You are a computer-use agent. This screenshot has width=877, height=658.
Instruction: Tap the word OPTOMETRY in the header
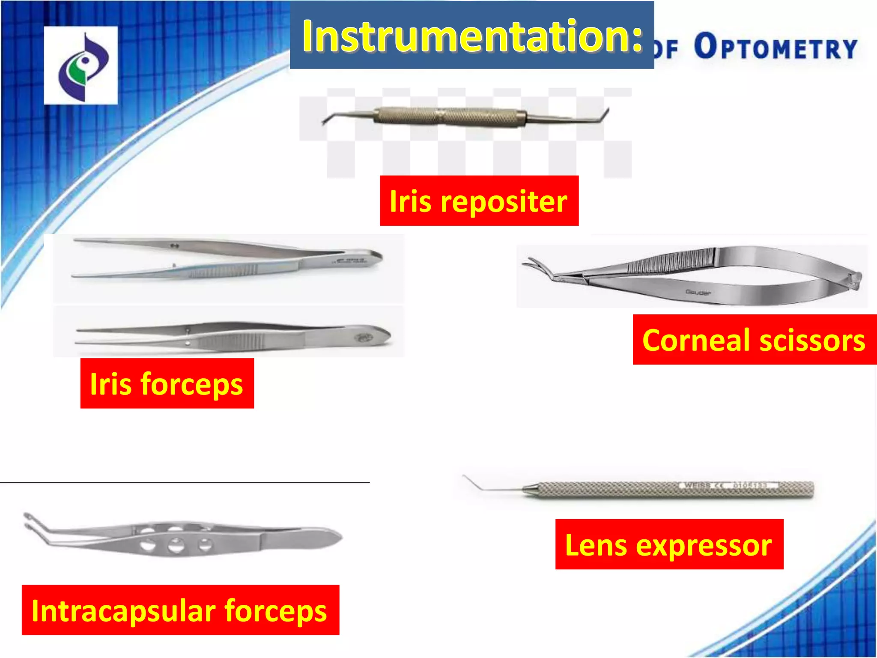(776, 47)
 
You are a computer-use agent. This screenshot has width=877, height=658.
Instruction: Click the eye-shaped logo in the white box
(81, 66)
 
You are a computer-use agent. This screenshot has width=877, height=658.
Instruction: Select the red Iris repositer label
(479, 201)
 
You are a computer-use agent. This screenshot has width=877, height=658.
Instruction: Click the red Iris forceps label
(167, 383)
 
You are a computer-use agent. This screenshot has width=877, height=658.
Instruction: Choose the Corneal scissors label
(754, 340)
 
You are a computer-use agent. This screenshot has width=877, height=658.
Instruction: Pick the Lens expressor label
(669, 545)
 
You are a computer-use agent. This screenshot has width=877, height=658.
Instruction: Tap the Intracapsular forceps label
(180, 610)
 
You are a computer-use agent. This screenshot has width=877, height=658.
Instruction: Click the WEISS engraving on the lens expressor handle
(696, 485)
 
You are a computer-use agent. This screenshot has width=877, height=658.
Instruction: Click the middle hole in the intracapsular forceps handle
(175, 545)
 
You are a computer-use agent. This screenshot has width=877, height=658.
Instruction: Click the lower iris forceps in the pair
(231, 336)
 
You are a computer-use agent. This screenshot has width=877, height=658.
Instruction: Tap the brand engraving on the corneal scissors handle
(698, 293)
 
